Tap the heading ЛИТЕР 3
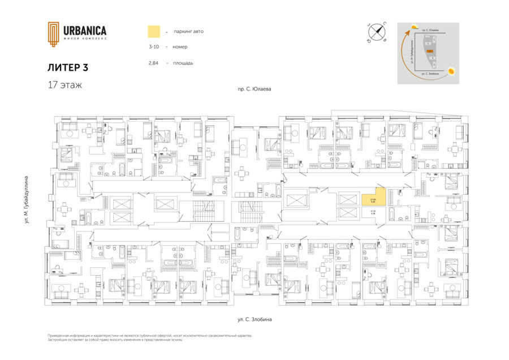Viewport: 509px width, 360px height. coord(68,67)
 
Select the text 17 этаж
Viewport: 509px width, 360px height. coord(65,85)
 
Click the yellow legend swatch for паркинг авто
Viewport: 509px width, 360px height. coord(153,31)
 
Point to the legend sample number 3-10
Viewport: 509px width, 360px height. coord(153,47)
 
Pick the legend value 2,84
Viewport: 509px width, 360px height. coord(153,63)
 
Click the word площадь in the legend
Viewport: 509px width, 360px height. coord(183,63)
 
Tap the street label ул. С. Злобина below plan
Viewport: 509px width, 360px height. coord(255,320)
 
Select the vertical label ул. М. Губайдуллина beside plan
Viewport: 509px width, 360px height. coord(27,202)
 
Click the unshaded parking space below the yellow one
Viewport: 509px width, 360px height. coord(373,214)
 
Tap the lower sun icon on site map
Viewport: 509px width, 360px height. coord(451,71)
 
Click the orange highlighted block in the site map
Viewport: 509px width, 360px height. coord(430,51)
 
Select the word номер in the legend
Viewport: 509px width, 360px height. coord(180,47)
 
